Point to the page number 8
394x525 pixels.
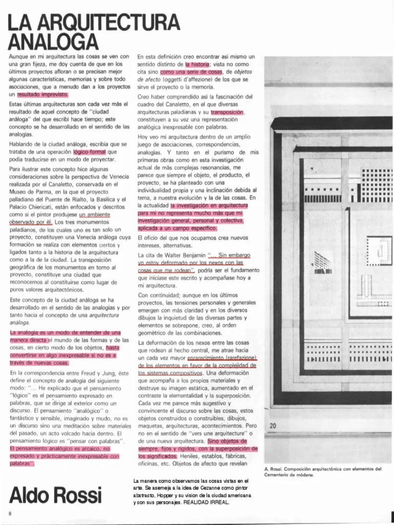point(10,513)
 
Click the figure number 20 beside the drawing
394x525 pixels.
point(273,426)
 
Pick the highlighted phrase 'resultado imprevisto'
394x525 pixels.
point(46,94)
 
